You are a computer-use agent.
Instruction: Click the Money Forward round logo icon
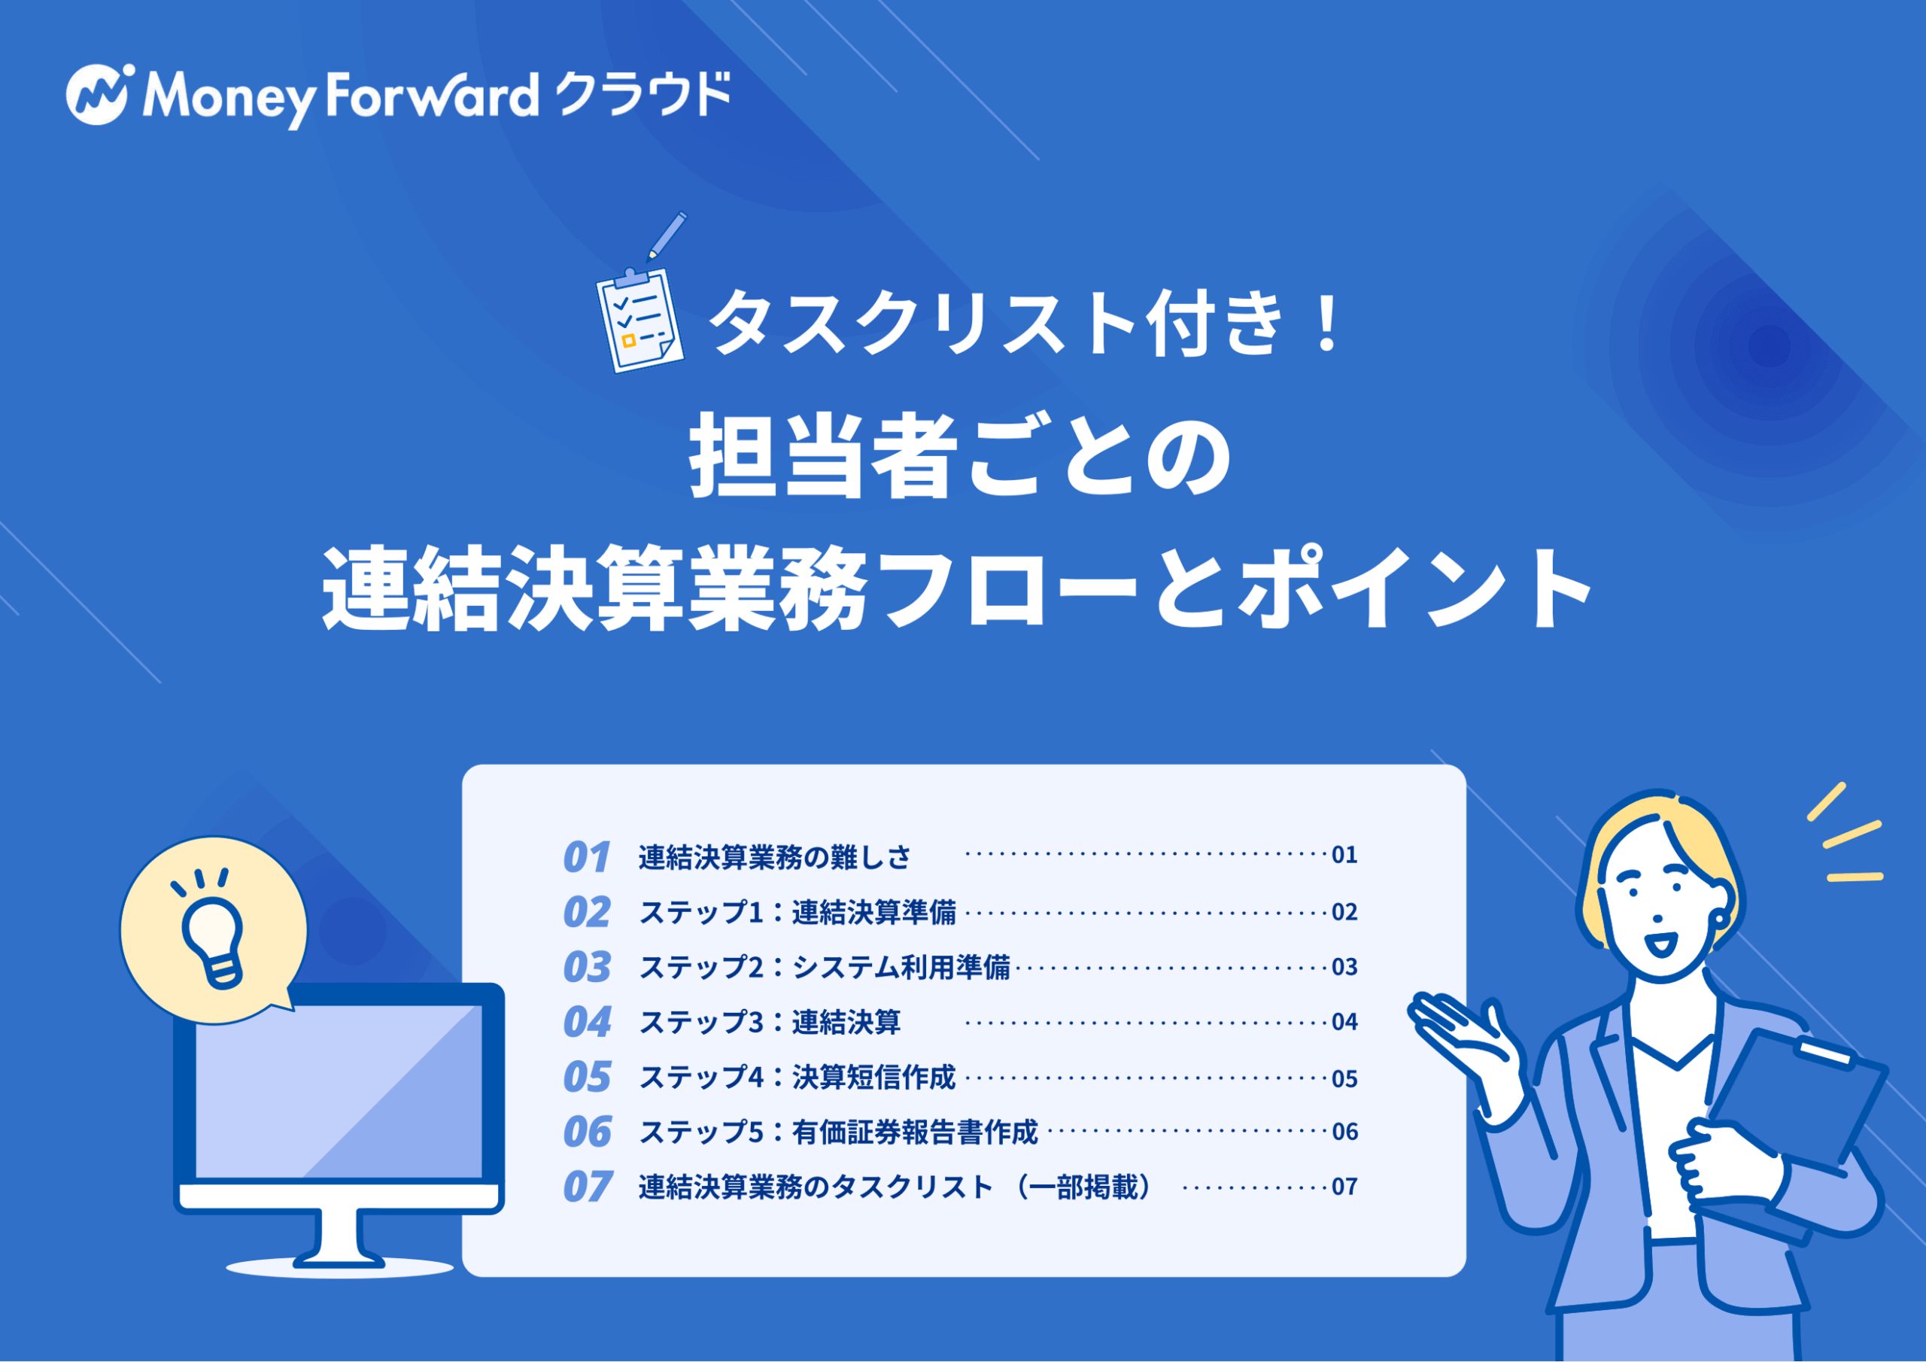[96, 94]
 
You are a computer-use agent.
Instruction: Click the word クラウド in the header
[643, 94]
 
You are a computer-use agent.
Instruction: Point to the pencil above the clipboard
[666, 236]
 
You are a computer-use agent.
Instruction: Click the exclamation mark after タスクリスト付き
[1327, 322]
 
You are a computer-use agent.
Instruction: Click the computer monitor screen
[339, 1091]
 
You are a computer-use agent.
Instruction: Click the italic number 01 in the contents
[586, 857]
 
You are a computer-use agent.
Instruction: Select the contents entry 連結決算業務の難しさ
[774, 857]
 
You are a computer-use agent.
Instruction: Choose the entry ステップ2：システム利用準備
[825, 967]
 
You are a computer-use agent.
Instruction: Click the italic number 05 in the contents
[587, 1077]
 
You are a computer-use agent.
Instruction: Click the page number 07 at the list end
[1344, 1187]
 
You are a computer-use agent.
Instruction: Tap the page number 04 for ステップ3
[1344, 1021]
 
